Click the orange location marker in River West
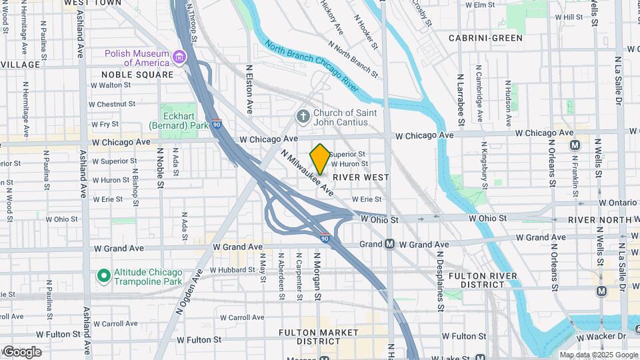(320, 159)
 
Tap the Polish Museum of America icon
(179, 58)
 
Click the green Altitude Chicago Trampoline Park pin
(103, 275)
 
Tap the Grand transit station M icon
(389, 245)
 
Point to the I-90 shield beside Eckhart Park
(217, 124)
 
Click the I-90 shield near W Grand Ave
(324, 237)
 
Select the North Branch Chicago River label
(311, 67)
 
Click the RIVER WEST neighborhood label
(361, 177)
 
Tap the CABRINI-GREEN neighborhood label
(485, 38)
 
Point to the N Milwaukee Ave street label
(307, 172)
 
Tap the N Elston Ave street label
(249, 89)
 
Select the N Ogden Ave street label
(189, 291)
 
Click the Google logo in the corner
(22, 352)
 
